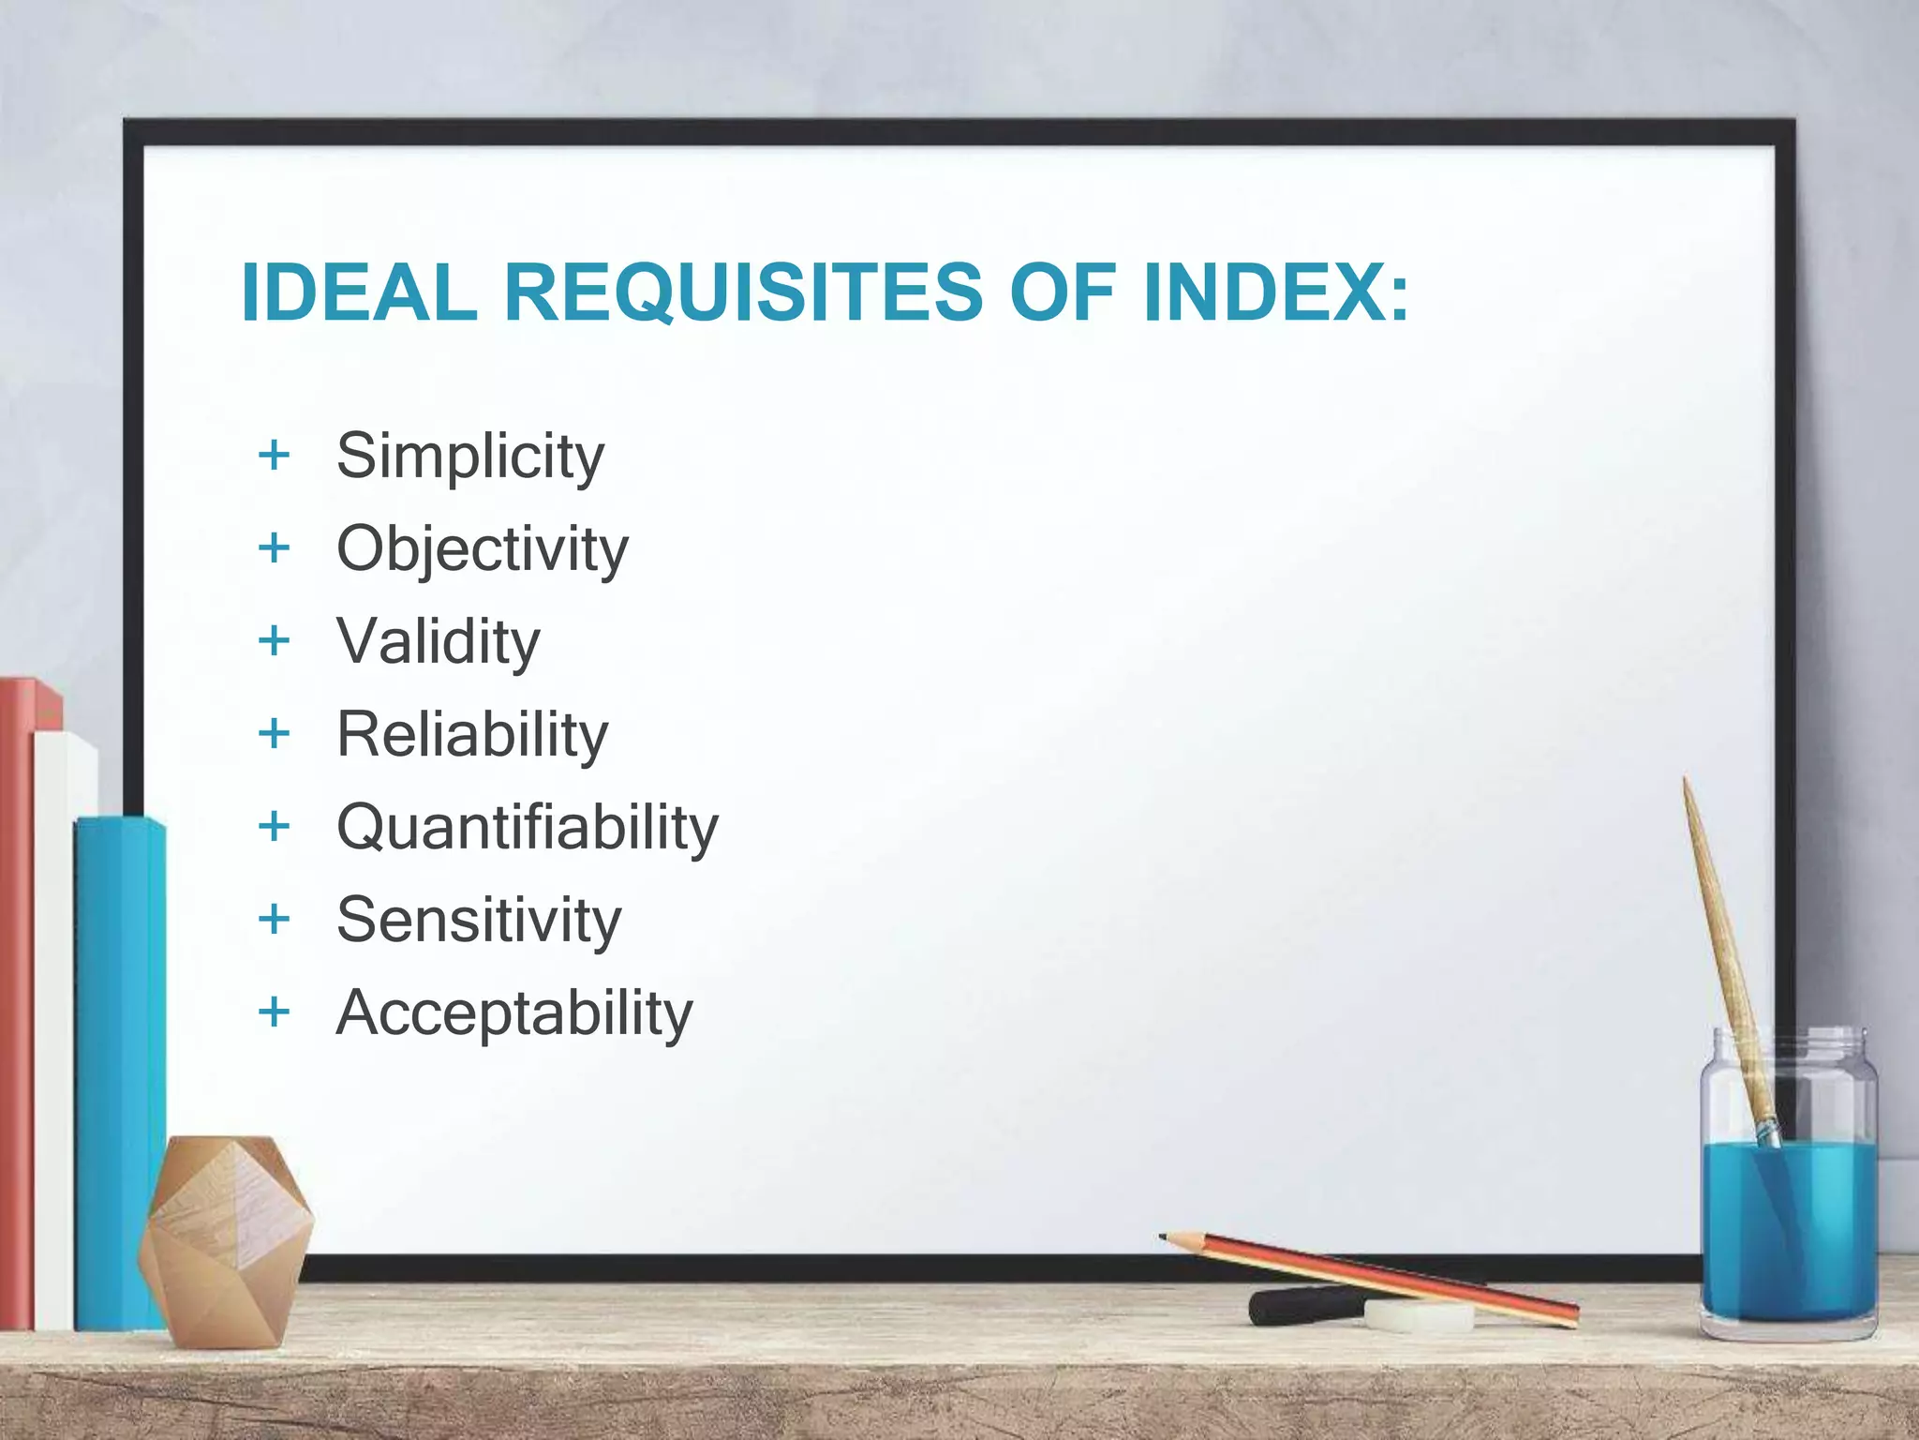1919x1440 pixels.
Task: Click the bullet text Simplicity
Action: [470, 457]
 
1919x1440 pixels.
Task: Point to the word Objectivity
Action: [483, 549]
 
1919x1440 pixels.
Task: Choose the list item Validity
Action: [439, 642]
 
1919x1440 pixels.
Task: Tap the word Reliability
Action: [472, 734]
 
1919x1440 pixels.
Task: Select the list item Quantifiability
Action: [528, 828]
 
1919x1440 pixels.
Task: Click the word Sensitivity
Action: [479, 920]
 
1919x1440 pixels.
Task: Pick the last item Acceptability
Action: [514, 1013]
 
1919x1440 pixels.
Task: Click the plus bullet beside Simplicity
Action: [274, 456]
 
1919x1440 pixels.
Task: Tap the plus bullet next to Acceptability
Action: [274, 1012]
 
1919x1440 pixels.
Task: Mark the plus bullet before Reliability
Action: [274, 734]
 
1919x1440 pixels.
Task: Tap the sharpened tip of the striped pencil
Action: [1164, 1237]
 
